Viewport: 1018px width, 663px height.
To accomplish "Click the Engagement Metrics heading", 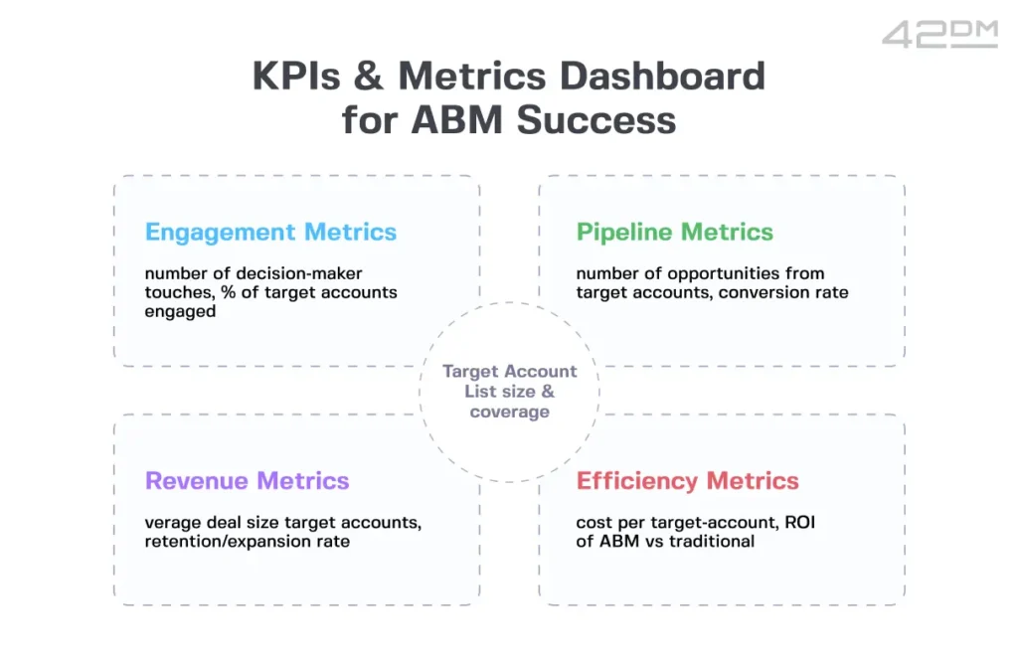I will pyautogui.click(x=270, y=233).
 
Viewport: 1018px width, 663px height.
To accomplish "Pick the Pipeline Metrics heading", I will pyautogui.click(x=674, y=233).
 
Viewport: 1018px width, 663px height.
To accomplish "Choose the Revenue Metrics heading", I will pyautogui.click(x=247, y=481).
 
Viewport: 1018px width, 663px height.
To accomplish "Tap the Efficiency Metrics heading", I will pyautogui.click(x=687, y=481).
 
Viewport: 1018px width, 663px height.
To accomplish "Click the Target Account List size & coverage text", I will pyautogui.click(x=509, y=392).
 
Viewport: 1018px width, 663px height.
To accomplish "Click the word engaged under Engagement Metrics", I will pyautogui.click(x=180, y=311).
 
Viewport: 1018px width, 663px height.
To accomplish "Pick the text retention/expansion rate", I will pyautogui.click(x=247, y=542).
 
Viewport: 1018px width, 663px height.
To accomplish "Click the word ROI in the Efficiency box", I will pyautogui.click(x=798, y=522).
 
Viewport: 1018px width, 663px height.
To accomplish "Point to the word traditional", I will pyautogui.click(x=711, y=541).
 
